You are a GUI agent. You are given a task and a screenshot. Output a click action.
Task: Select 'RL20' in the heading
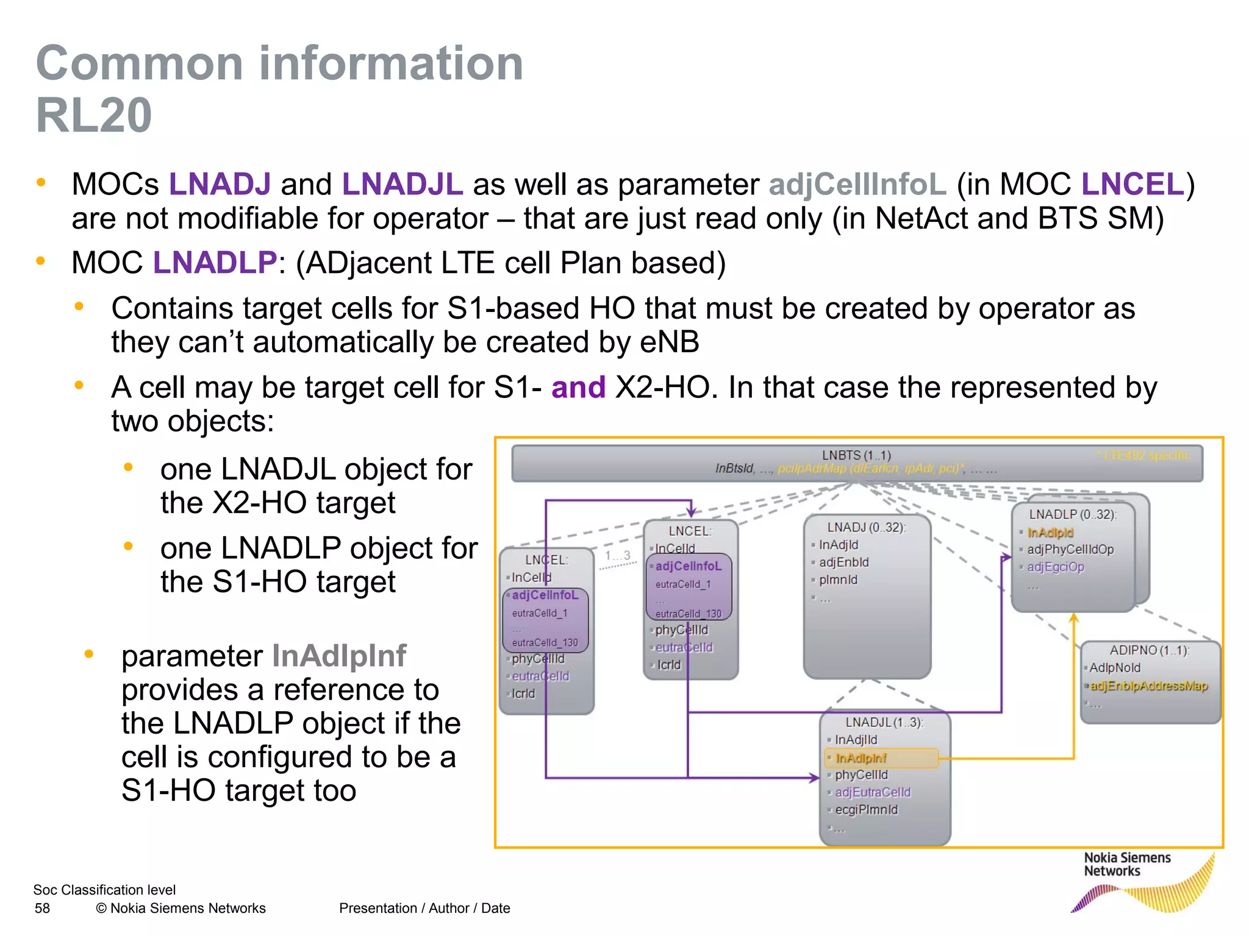[94, 115]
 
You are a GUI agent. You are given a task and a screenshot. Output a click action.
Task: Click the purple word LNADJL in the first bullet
[402, 184]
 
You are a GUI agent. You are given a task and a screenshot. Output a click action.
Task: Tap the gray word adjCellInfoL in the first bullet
[857, 184]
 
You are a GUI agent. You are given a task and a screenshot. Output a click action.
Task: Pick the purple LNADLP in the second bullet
[215, 263]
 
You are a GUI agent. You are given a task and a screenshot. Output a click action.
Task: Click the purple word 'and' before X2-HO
[578, 388]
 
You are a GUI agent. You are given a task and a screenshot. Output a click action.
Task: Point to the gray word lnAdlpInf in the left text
[338, 656]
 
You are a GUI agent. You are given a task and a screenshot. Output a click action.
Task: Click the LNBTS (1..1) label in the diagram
[856, 455]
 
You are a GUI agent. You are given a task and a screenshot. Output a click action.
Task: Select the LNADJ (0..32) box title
[865, 527]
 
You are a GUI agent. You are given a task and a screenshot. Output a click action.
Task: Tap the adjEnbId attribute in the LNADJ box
[843, 562]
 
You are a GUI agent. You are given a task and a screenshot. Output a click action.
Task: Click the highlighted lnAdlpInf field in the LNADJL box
[861, 758]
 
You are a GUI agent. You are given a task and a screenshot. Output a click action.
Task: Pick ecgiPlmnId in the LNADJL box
[866, 810]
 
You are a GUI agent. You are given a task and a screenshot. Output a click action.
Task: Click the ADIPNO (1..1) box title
[1149, 650]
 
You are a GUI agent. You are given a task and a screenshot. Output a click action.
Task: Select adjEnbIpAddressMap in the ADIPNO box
[1148, 686]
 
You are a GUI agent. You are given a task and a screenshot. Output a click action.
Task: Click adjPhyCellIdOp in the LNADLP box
[1070, 550]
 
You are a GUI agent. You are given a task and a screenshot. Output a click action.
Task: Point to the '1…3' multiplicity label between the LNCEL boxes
[617, 556]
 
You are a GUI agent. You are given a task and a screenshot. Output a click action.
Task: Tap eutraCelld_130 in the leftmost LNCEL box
[545, 643]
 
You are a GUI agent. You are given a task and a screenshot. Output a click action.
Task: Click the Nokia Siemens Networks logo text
[1126, 865]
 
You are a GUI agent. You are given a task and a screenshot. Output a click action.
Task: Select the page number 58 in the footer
[42, 909]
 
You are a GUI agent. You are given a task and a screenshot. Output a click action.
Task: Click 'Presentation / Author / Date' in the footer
[424, 909]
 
